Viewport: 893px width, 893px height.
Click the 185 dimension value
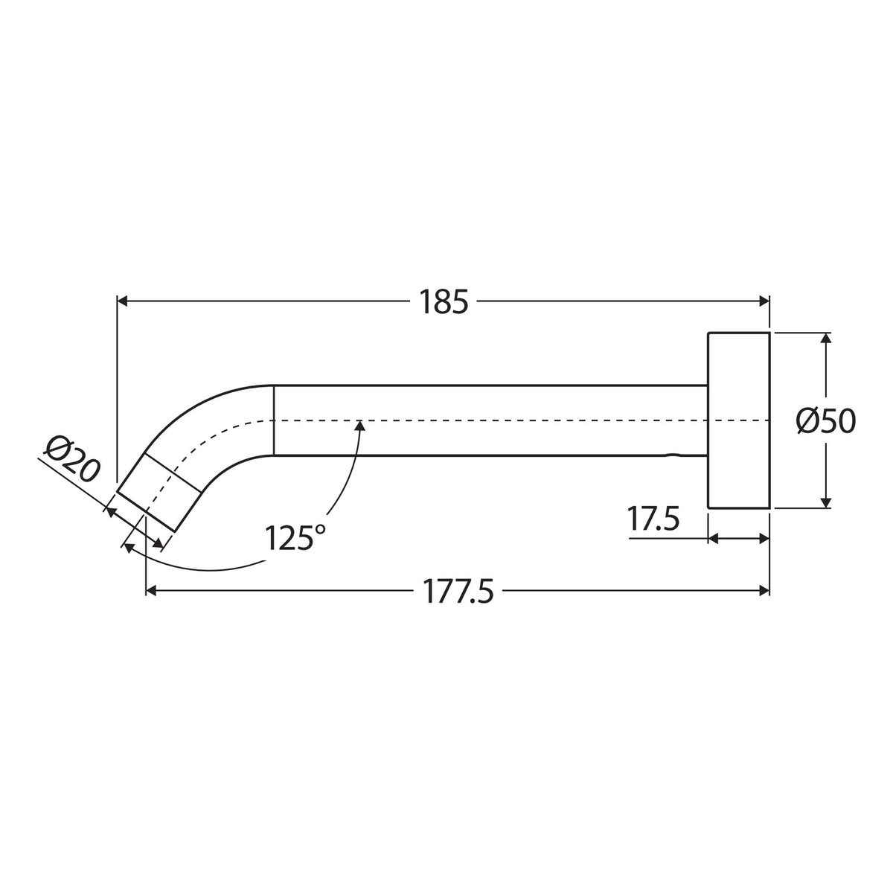(444, 302)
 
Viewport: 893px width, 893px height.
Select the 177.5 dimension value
(458, 592)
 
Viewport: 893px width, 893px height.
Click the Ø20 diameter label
(72, 458)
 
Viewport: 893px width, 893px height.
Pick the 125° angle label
(295, 537)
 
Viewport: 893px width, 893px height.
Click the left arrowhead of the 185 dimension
(122, 301)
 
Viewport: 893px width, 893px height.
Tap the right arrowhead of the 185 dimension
(764, 301)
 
